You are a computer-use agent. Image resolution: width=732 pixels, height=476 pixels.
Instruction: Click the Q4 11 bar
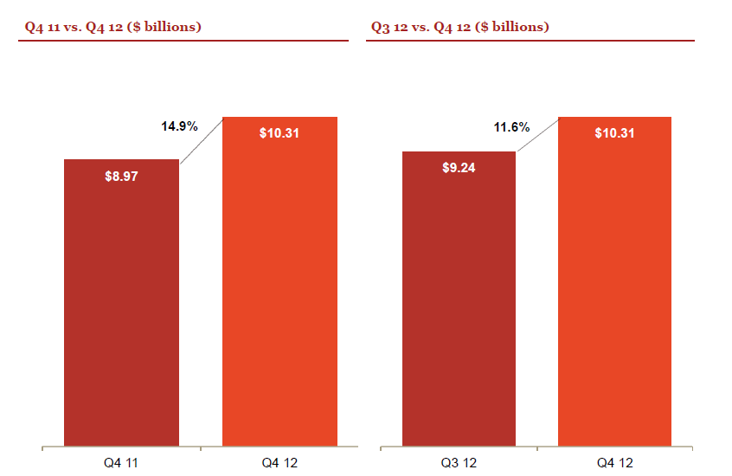[x=121, y=303]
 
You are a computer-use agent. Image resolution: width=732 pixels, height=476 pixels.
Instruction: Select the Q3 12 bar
[x=459, y=299]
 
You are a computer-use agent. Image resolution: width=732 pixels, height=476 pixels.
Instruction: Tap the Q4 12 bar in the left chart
[x=279, y=281]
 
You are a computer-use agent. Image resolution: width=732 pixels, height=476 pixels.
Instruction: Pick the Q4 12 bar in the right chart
[x=615, y=281]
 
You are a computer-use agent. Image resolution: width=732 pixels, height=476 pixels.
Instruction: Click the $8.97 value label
[x=121, y=176]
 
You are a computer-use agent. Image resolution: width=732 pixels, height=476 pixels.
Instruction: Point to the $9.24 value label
[x=459, y=168]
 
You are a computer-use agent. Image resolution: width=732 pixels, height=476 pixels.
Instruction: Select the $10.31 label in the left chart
[x=279, y=133]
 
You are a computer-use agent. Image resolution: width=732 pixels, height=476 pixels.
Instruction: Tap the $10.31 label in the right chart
[x=614, y=133]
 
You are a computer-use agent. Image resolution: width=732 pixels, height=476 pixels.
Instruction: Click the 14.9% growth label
[x=179, y=126]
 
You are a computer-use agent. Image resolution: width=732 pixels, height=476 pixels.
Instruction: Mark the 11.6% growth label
[x=511, y=127]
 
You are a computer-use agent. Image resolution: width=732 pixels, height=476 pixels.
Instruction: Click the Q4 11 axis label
[x=121, y=463]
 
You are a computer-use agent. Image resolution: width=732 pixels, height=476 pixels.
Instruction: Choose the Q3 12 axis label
[x=459, y=463]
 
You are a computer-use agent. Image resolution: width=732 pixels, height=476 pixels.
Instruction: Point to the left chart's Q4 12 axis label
[x=279, y=463]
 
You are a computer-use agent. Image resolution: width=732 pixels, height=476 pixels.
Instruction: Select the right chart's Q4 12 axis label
[x=615, y=463]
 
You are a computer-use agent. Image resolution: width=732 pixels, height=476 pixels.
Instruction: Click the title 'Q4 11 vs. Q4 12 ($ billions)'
[x=113, y=27]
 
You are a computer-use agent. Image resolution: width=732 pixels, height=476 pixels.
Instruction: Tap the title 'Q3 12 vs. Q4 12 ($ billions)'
[x=459, y=27]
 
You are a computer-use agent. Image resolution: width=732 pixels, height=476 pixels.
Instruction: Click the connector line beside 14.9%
[x=202, y=140]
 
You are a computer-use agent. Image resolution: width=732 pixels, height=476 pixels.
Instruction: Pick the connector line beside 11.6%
[x=538, y=134]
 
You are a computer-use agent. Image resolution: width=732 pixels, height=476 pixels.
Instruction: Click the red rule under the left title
[x=183, y=41]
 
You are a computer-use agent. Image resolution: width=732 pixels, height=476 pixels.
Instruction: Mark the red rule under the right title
[x=530, y=41]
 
